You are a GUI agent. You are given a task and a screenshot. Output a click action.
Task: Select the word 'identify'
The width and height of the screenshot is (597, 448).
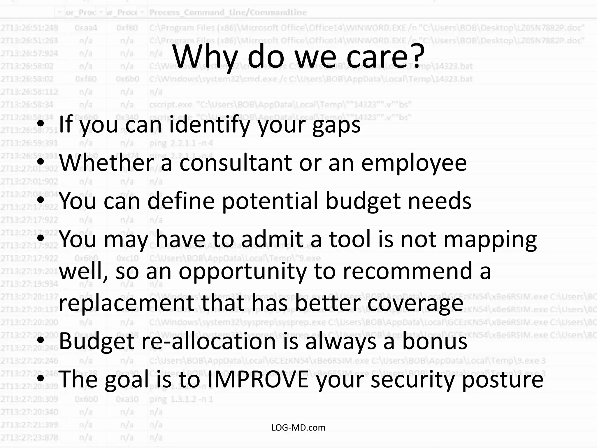click(x=210, y=125)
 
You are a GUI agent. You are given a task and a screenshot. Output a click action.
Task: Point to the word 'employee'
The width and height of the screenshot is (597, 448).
click(x=414, y=163)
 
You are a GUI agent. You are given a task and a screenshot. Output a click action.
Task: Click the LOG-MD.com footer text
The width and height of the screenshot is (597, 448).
click(x=298, y=428)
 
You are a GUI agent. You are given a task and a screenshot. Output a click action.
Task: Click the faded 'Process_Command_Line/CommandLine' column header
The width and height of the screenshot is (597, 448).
click(x=228, y=12)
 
